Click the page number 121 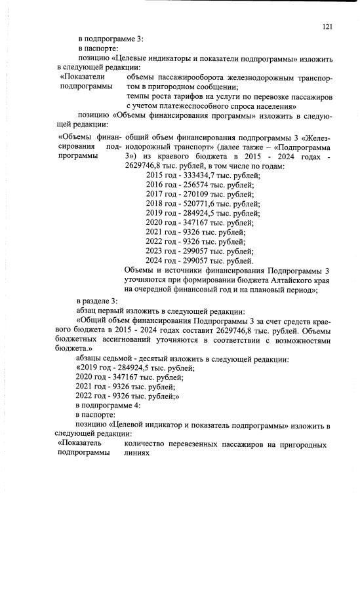tap(329, 27)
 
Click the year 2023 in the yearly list tap(155, 251)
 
